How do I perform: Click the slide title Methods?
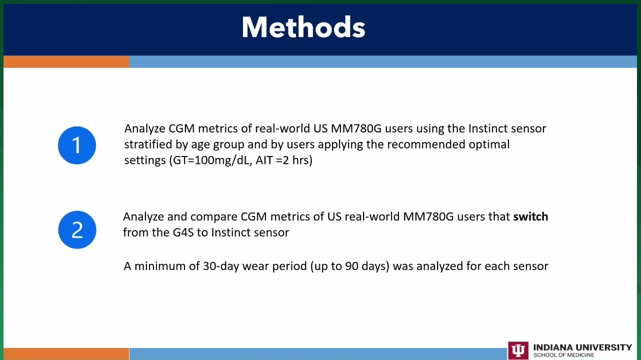(303, 27)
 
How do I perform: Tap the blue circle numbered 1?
(76, 145)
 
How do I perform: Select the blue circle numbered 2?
(77, 230)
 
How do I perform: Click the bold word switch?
(530, 216)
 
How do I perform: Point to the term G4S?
(183, 232)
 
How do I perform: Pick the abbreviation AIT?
(264, 160)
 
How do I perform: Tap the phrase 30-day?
(221, 266)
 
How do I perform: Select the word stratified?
(148, 144)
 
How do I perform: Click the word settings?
(145, 160)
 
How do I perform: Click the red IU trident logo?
(518, 350)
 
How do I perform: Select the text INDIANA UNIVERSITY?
(582, 347)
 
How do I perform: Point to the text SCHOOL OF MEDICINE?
(563, 355)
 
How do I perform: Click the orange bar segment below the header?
(66, 62)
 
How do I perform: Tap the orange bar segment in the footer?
(66, 354)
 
